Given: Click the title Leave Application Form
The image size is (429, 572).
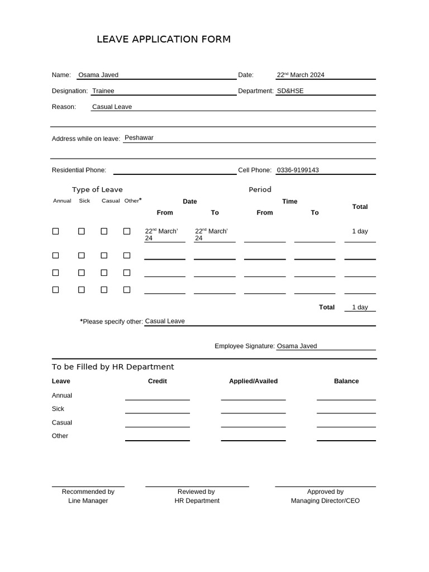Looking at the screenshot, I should pos(163,39).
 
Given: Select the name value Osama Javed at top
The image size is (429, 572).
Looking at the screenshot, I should pos(98,75).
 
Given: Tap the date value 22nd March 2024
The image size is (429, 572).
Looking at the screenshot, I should pos(301,75).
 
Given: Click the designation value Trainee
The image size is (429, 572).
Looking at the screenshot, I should pos(103,90).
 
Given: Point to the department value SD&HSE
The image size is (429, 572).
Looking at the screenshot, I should pos(290,90).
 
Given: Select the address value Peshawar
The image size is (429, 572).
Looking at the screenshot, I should pos(139,137).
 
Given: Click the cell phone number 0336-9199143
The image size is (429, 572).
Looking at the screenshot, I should pos(298,170).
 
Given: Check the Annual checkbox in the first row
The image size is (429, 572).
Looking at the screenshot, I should pos(55,231).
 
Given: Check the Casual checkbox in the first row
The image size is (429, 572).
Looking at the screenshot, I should pos(104,231).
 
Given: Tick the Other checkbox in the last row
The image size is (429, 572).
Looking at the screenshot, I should pos(127,290).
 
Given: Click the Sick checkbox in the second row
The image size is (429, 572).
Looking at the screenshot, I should pos(81,255).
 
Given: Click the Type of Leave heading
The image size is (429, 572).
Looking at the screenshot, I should pos(97,189).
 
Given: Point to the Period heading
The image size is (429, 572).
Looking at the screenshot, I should pos(260,189).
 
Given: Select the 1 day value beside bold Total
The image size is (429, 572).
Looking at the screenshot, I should pos(360,307).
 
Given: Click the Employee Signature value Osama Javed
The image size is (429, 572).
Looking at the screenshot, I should pos(297,346).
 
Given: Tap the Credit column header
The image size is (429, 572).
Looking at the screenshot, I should pos(158,381).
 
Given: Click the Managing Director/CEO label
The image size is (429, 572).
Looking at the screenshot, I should pos(325,500).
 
